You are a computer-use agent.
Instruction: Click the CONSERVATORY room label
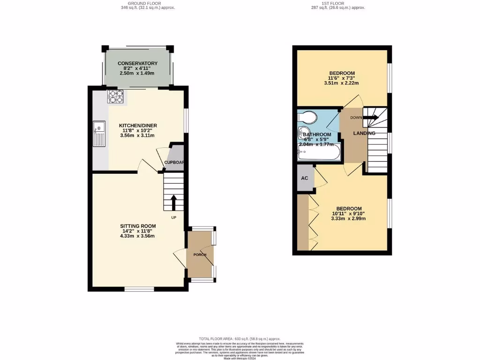(137, 63)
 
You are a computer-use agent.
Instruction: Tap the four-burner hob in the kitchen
(116, 96)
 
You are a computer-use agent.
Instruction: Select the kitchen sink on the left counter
(99, 127)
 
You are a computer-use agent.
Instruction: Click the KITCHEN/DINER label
(138, 126)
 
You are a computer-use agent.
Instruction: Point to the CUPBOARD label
(174, 163)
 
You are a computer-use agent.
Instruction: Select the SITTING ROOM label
(137, 226)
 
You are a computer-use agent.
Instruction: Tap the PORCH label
(200, 255)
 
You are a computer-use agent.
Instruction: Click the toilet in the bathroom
(307, 116)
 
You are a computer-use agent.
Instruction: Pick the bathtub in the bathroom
(319, 153)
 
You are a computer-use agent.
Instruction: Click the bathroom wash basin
(304, 132)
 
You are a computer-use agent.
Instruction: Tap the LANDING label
(364, 134)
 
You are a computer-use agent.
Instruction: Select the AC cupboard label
(304, 179)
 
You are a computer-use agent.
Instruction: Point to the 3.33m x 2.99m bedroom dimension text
(348, 218)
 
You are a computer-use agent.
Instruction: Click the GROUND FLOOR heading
(141, 3)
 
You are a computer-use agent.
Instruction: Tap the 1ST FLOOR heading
(338, 3)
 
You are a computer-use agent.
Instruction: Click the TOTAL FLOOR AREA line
(240, 338)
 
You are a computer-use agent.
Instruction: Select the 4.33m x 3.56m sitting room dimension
(137, 236)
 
